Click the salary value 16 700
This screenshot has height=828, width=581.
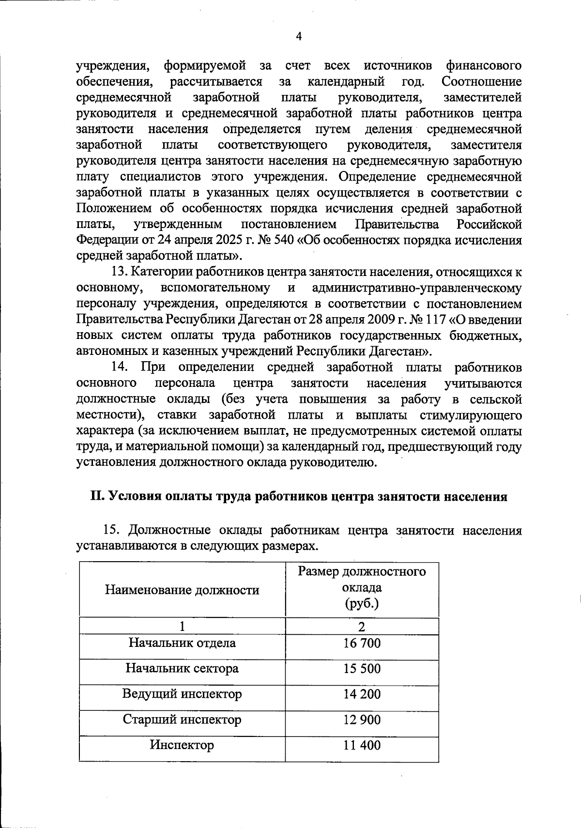point(362,643)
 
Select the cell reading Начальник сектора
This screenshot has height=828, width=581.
point(182,669)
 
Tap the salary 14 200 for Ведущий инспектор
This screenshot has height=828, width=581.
point(362,694)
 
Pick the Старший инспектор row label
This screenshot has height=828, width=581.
point(182,720)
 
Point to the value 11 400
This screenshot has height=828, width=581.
point(362,745)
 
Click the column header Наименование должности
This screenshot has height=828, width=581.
point(182,590)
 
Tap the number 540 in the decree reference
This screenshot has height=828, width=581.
point(284,241)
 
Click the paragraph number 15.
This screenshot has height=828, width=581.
point(112,531)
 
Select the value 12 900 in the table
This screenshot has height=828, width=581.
point(362,720)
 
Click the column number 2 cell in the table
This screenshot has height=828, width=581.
point(362,627)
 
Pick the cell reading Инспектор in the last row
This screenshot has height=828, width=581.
point(182,745)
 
